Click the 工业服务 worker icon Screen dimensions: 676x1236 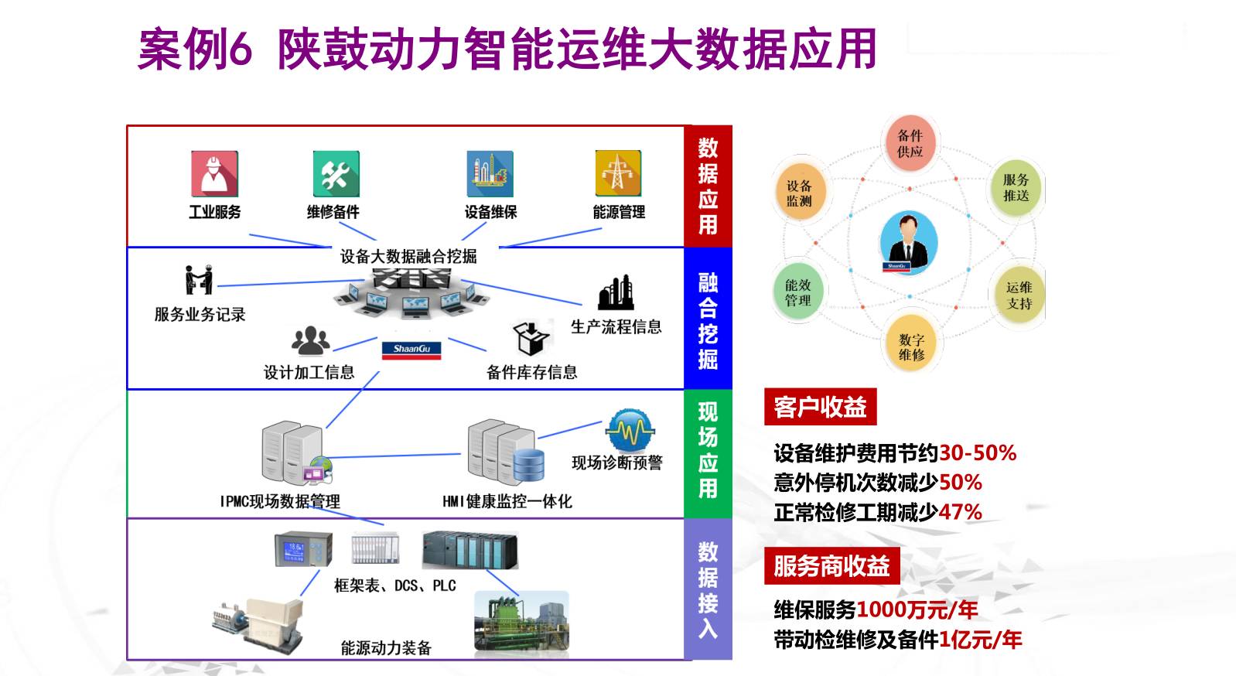coord(214,173)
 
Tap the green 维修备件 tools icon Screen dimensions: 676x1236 coord(335,174)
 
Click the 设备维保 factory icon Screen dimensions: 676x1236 coord(490,174)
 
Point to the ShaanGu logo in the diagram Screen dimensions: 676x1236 coord(411,350)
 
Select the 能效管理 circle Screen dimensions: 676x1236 coord(798,292)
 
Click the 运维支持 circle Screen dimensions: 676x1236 coord(1019,295)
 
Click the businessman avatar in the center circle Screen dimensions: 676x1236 coord(909,242)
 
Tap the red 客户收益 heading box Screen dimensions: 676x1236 coord(820,407)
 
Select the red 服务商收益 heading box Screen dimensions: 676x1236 coord(831,565)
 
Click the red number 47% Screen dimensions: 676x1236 coord(960,512)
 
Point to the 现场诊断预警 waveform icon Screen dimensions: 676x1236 coord(630,430)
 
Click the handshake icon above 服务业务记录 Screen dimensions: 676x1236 coord(199,279)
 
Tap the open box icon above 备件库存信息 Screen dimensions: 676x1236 coord(531,337)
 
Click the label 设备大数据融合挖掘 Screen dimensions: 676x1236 coord(408,256)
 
